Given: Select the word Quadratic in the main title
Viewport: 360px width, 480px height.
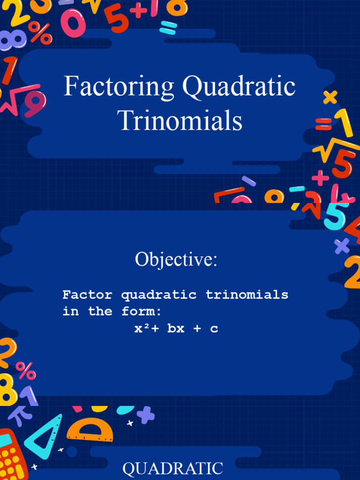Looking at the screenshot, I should pos(239,88).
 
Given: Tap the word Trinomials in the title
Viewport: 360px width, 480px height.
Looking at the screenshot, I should pos(180,120).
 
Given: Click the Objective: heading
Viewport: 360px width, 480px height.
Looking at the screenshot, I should pos(176,259).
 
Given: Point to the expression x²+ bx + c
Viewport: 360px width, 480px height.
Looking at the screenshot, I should pos(176,329).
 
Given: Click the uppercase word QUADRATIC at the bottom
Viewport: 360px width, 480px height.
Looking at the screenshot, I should pos(172,468).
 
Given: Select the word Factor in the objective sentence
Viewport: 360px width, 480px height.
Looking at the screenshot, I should pos(87,295).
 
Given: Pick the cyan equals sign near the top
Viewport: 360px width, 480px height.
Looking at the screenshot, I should pos(168,27).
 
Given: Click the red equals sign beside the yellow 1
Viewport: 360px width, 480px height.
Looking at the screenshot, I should pos(323,124).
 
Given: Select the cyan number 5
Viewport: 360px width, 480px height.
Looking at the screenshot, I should pos(336,215).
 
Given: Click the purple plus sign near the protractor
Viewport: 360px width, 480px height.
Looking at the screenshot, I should pos(146,415).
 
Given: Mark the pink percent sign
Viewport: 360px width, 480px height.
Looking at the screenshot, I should pos(25,370).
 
